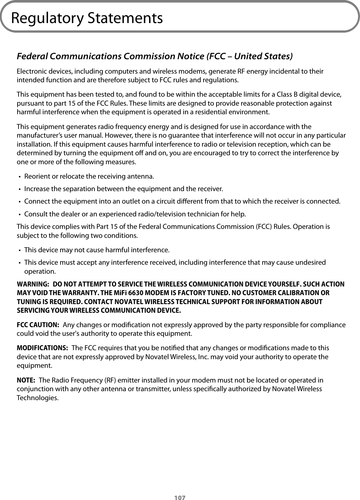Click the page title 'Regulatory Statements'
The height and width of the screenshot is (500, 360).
(87, 18)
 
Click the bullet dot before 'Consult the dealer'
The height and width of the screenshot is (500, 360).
(20, 214)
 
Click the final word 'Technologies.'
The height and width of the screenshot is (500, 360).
(37, 398)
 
